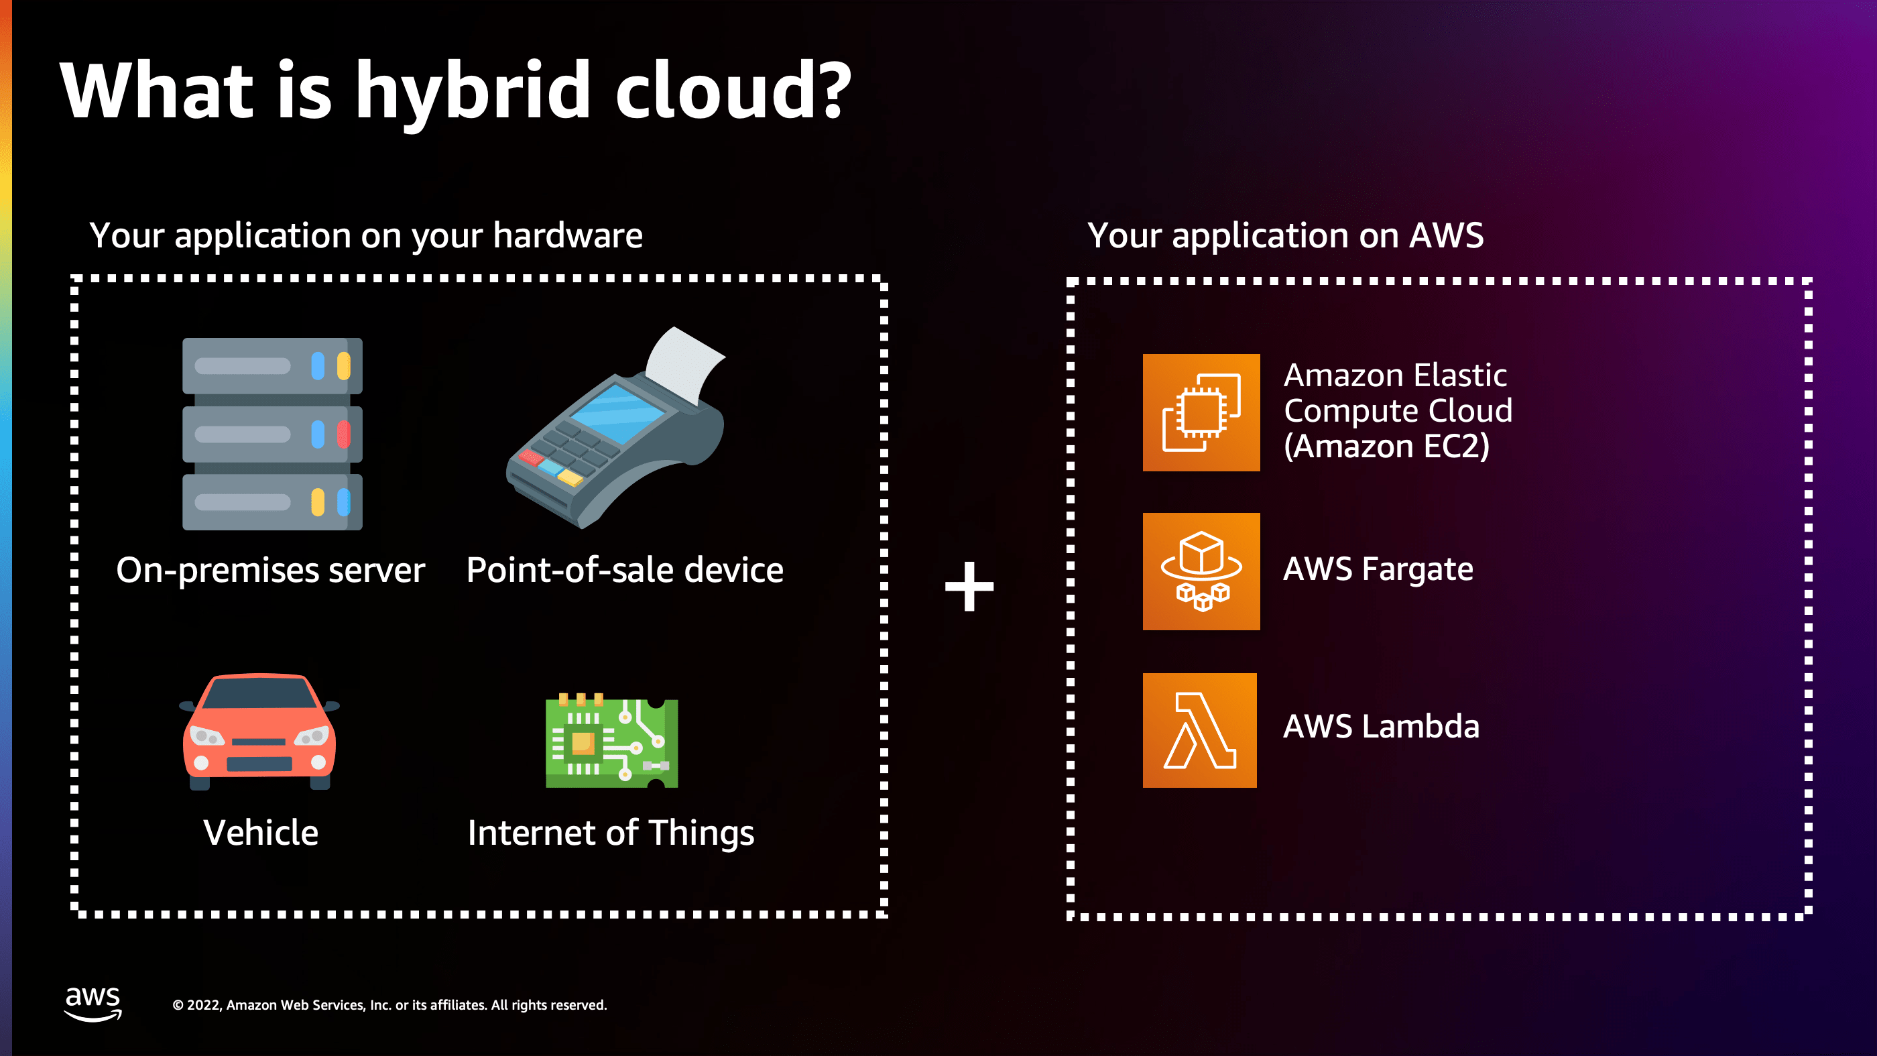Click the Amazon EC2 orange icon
coord(1201,412)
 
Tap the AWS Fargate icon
coord(1201,571)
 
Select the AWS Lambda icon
coord(1199,730)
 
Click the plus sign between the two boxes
coord(969,586)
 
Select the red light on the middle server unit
coord(343,434)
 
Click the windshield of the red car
coord(259,693)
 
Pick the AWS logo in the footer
coord(93,1003)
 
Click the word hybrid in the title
coord(472,92)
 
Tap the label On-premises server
coord(270,570)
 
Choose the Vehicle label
coord(261,832)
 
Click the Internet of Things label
coord(611,833)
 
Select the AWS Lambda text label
coord(1381,727)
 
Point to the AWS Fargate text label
coord(1378,569)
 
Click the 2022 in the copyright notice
coord(203,1005)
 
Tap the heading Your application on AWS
coord(1285,235)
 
